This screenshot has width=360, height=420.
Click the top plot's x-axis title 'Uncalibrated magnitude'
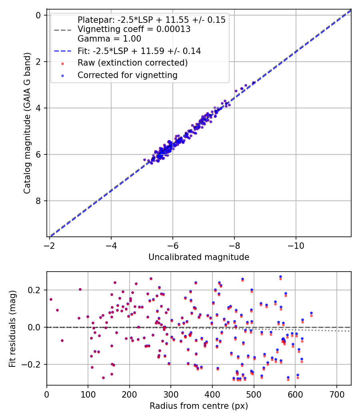(199, 257)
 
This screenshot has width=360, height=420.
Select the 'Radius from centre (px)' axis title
(199, 406)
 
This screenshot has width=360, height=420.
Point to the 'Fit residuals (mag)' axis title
(13, 328)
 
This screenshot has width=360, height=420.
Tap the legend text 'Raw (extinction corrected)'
(132, 63)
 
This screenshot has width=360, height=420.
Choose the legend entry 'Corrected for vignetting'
(127, 75)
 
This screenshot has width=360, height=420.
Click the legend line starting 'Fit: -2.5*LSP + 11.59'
(139, 51)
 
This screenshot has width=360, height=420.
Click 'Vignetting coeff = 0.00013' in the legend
(134, 29)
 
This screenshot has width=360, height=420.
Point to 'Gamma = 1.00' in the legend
(109, 39)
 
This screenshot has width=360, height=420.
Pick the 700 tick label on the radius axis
(336, 394)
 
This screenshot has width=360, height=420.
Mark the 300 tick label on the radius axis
(171, 394)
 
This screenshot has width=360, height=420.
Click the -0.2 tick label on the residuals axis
(34, 364)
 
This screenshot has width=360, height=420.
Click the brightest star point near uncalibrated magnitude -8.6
(254, 83)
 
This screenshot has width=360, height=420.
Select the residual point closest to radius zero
(51, 299)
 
